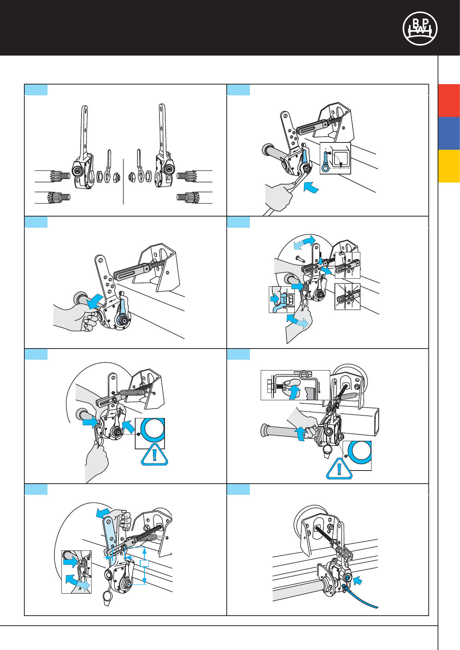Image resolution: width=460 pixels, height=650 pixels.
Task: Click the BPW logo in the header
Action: coord(420,28)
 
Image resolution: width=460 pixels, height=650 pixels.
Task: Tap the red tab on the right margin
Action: coord(449,100)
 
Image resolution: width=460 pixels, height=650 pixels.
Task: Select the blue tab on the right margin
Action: coord(449,133)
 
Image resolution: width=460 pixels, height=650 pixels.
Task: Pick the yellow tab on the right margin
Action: coord(449,166)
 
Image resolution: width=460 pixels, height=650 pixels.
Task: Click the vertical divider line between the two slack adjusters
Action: coord(123,181)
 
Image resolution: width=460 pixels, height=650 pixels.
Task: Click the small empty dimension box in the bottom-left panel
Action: coord(144,564)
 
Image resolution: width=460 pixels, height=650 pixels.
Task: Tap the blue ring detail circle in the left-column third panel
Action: coord(150,433)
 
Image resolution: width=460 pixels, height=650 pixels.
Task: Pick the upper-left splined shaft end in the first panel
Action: coord(60,176)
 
